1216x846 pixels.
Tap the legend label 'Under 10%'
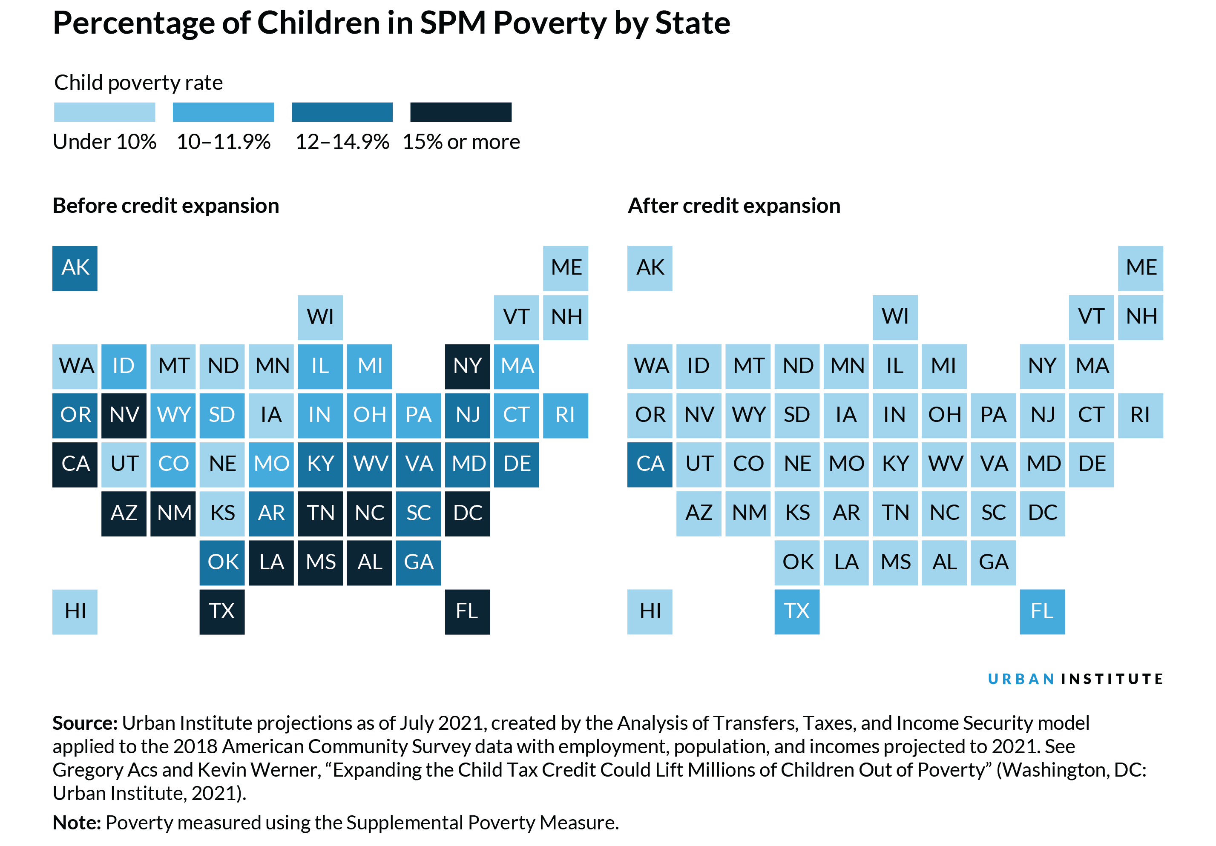coord(104,142)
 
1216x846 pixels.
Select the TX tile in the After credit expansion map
coord(796,611)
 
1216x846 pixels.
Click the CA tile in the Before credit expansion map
coord(75,464)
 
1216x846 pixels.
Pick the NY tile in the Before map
coord(467,366)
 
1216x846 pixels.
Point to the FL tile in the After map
coord(1042,611)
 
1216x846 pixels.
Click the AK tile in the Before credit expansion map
coord(75,268)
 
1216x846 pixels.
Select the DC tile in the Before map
coord(467,513)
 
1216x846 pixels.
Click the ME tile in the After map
coord(1140,268)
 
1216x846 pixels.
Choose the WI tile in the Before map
coord(320,317)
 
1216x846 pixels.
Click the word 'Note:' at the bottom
coord(76,822)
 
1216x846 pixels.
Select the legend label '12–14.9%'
coord(342,142)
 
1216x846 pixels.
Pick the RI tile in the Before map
coord(565,415)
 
